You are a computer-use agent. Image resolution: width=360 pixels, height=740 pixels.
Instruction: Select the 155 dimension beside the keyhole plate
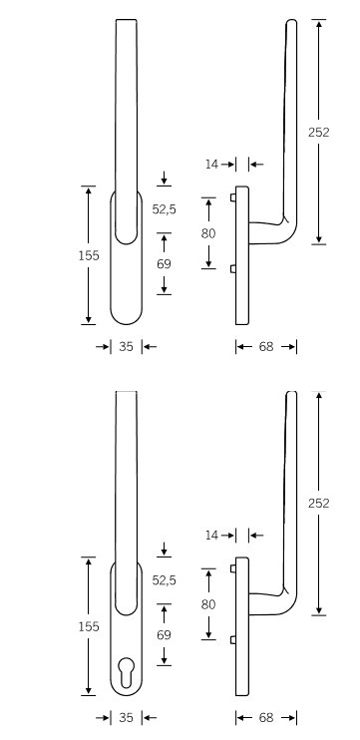(89, 626)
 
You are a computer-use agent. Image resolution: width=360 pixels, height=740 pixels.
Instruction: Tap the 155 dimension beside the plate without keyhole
(89, 255)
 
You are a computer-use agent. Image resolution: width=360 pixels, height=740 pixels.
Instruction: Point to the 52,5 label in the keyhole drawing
(164, 580)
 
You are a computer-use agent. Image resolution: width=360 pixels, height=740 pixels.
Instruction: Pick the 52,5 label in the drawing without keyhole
(164, 209)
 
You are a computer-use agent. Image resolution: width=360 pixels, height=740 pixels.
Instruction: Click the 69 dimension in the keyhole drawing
(164, 634)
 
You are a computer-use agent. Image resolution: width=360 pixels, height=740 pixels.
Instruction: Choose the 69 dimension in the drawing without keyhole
(164, 264)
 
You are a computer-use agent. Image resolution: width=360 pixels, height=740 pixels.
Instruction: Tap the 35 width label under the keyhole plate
(126, 718)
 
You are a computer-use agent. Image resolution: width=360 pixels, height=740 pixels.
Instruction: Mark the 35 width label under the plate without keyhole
(126, 347)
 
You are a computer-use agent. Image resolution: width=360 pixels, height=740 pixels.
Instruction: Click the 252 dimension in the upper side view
(318, 133)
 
